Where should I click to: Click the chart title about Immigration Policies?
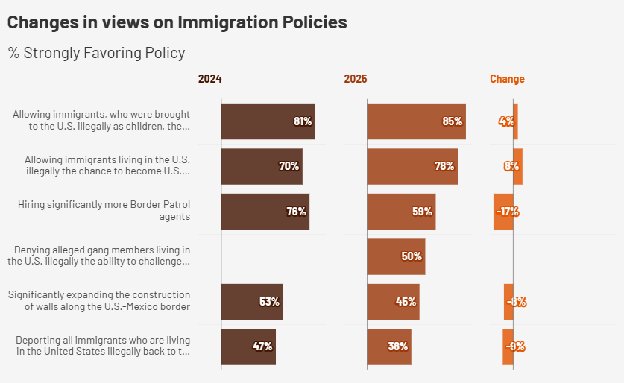[177, 22]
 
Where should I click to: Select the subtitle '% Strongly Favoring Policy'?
[97, 53]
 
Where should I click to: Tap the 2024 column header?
[209, 79]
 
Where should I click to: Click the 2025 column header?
[356, 79]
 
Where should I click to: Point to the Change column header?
[507, 79]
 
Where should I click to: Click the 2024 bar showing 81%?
[268, 121]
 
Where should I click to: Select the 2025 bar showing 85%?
[416, 121]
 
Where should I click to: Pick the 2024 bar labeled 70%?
[262, 166]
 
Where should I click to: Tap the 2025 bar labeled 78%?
[412, 166]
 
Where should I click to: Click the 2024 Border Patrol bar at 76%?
[265, 212]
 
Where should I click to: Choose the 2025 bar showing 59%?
[401, 212]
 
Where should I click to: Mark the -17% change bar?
[503, 212]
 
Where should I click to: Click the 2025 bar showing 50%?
[396, 256]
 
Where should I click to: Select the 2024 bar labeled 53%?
[252, 302]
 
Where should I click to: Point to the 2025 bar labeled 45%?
[393, 302]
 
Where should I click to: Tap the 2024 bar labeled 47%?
[248, 346]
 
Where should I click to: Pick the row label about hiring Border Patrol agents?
[104, 211]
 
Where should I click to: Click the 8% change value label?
[511, 166]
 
